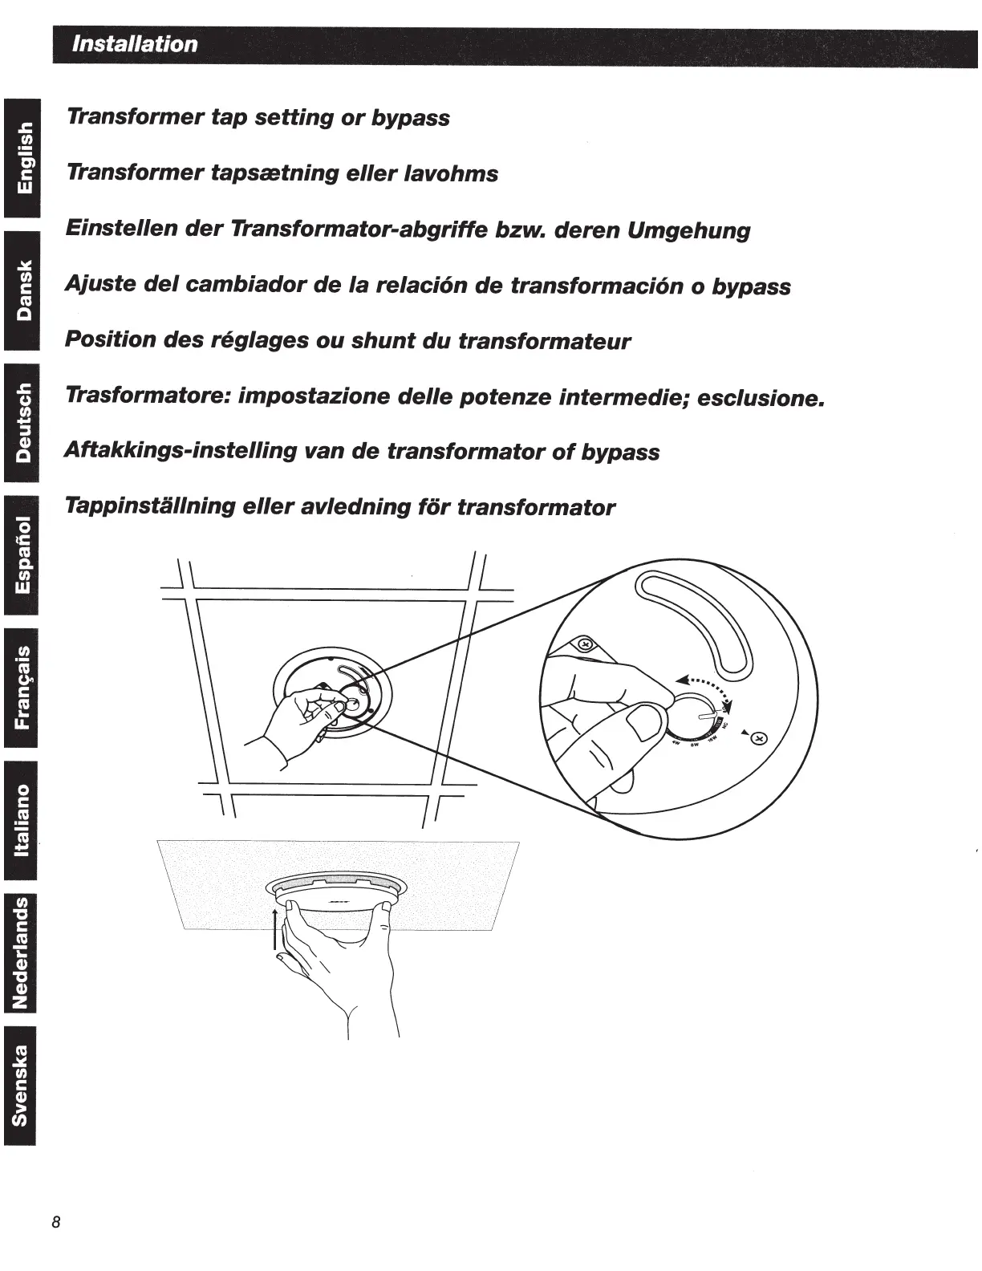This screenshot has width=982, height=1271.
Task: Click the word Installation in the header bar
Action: point(135,44)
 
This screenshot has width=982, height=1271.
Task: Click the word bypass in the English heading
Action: point(410,119)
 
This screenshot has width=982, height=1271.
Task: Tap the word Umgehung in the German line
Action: point(688,231)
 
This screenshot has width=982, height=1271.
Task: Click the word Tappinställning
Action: point(150,507)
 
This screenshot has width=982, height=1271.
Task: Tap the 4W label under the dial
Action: point(676,742)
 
